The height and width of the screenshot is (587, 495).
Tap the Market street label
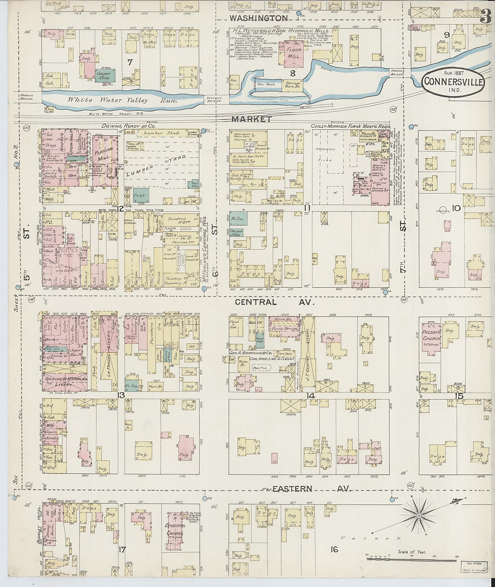click(252, 119)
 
